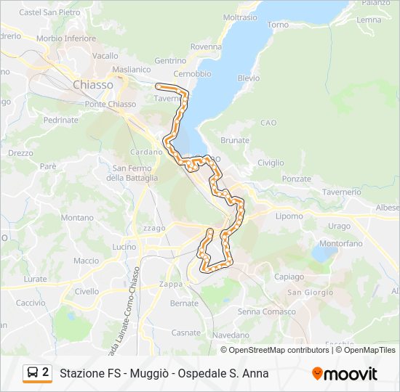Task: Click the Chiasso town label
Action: [92, 85]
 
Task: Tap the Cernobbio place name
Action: [192, 74]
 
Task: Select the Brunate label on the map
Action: [234, 140]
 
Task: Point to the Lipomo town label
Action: [289, 216]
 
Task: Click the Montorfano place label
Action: [340, 244]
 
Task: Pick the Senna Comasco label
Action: [266, 311]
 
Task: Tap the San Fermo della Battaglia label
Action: [132, 173]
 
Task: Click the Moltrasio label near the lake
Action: [240, 17]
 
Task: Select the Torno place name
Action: [278, 25]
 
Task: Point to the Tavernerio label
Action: [341, 192]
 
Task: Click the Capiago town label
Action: [289, 277]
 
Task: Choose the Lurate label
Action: [35, 279]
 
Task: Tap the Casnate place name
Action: [185, 332]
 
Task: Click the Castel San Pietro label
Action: [49, 12]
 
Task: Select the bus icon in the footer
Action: [33, 373]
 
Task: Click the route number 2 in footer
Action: [46, 372]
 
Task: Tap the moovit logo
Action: [345, 374]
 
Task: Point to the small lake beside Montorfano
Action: [323, 254]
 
